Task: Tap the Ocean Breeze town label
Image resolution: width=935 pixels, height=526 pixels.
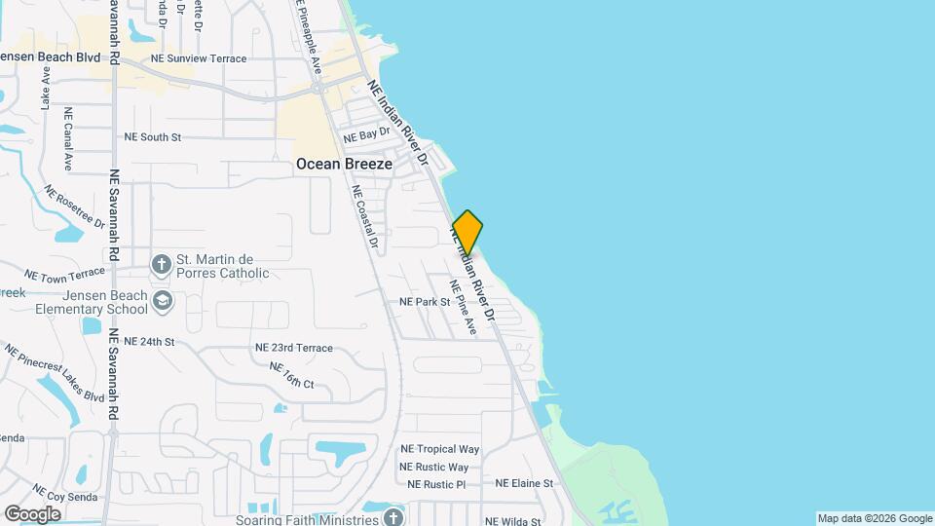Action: (344, 165)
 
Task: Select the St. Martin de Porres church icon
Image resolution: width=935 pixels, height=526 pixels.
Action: (162, 264)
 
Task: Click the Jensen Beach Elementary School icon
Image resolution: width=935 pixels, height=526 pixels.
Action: (162, 301)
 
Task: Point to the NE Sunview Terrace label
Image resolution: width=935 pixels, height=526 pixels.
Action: (199, 59)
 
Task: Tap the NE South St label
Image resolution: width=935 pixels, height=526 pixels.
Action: (153, 137)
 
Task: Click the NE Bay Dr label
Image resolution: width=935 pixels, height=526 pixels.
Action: (366, 134)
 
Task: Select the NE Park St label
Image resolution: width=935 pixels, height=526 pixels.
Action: (425, 302)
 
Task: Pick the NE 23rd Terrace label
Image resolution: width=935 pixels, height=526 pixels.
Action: (293, 348)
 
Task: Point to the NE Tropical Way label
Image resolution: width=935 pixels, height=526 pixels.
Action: (440, 449)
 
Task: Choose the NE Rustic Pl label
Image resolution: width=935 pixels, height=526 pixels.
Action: (436, 484)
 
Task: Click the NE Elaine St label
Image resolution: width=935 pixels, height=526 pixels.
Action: (524, 483)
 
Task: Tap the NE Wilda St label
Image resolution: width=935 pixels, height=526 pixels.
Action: (512, 521)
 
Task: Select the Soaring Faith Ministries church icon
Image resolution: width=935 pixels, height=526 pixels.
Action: (393, 516)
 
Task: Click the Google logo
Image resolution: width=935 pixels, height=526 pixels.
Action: (32, 513)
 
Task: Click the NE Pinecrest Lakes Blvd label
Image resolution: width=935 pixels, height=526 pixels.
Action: (54, 373)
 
